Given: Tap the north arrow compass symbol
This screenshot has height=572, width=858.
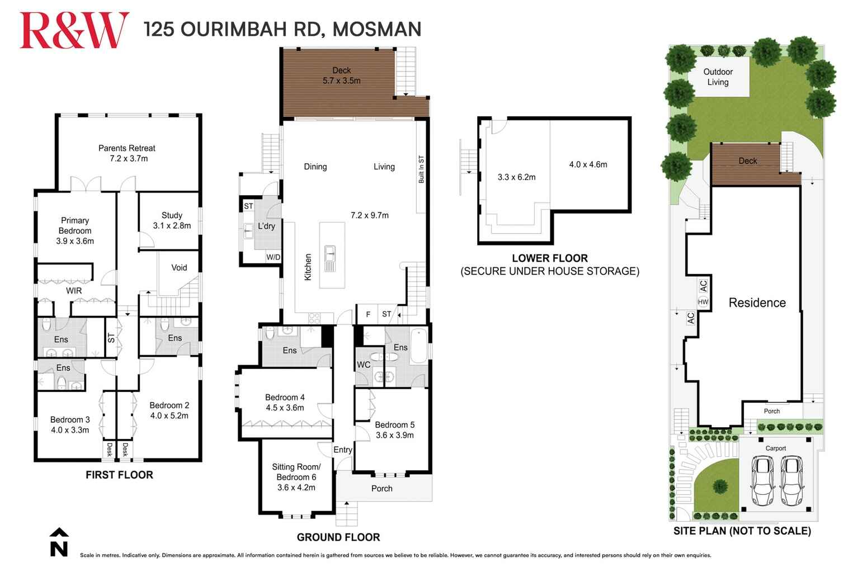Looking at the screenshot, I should point(59,542).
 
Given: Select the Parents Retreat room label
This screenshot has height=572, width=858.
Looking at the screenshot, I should point(127,153).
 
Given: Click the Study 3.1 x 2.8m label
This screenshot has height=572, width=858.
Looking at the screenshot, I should point(172,220).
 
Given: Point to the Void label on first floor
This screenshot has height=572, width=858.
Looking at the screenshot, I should point(179,268).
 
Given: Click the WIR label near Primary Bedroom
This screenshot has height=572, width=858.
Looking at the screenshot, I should point(74,291).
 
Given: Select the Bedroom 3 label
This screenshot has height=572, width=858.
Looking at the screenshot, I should point(70,425).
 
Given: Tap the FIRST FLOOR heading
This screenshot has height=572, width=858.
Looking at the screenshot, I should point(119,475).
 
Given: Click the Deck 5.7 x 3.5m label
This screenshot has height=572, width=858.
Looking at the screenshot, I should point(341,75).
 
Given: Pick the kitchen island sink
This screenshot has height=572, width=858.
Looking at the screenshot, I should point(331,258).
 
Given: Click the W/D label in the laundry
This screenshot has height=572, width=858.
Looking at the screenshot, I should point(273,257).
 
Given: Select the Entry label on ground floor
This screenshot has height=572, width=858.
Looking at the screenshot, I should point(342,450).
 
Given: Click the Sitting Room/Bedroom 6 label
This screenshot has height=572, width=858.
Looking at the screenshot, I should point(296,477).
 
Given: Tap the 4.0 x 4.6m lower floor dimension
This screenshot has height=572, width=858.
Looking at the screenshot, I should point(588,164).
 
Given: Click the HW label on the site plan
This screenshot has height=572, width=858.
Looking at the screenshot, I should point(703,302).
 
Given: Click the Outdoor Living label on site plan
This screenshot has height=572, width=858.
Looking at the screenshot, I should point(718,77).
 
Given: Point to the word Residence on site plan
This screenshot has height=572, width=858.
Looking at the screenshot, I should point(757,302).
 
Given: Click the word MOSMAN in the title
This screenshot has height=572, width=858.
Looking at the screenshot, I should point(376,29).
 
